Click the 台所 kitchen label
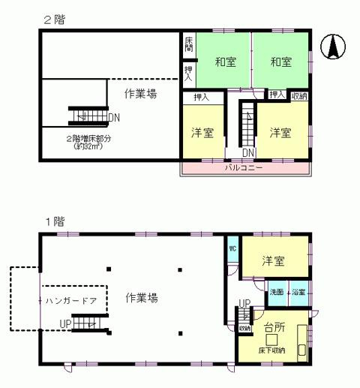[x=275, y=326]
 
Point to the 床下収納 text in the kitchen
[x=274, y=349]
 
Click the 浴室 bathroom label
[x=298, y=290]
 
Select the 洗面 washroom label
[x=277, y=290]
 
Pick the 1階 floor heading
[x=54, y=221]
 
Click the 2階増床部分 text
[x=88, y=138]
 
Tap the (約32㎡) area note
[x=88, y=147]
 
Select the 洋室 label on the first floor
[x=273, y=261]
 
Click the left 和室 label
[x=225, y=62]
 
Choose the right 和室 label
[x=280, y=62]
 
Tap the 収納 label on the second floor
[x=298, y=95]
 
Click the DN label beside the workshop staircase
[x=113, y=117]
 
